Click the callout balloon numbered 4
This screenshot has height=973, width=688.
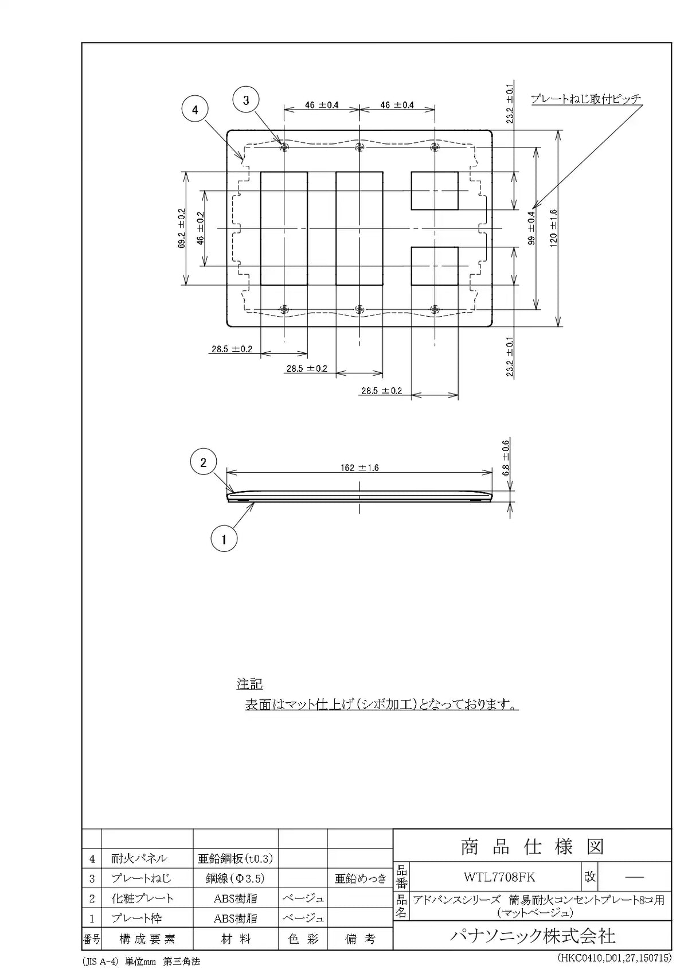[194, 110]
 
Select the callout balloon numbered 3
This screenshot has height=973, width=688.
[246, 100]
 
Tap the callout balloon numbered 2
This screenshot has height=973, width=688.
[203, 462]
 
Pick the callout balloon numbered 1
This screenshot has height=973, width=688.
[224, 539]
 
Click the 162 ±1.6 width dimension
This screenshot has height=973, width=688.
[359, 468]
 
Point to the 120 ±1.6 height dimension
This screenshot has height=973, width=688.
[553, 228]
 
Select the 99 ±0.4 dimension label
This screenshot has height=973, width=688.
[531, 228]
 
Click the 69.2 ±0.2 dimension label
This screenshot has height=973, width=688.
[181, 228]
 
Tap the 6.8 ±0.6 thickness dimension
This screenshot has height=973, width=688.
[506, 458]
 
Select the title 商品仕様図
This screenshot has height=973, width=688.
[532, 847]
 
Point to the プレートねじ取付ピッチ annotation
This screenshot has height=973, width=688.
[586, 99]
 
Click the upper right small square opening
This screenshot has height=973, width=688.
[435, 190]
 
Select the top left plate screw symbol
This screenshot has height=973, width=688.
[284, 147]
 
